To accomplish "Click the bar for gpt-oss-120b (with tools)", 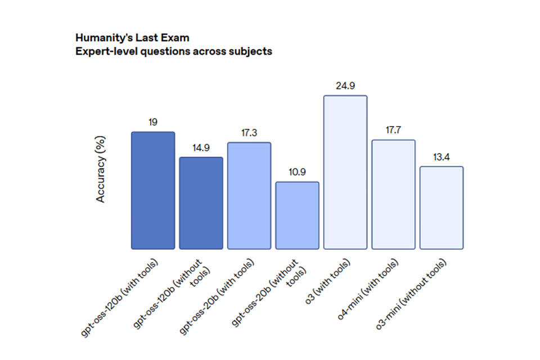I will coord(153,190).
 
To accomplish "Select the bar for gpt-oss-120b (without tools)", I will coord(201,202).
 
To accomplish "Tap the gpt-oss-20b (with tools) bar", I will coord(249,195).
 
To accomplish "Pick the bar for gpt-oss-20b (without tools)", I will coord(297,215).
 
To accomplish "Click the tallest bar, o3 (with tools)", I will coord(345,172).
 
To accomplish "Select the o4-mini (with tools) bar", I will coord(393,194).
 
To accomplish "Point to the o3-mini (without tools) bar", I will coord(442,207).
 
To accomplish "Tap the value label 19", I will coord(153,121).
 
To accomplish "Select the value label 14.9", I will coord(201,147).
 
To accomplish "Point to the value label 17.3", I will coord(249,133).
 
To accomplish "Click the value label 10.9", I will coord(297,172).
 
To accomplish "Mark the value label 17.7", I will coord(393,130).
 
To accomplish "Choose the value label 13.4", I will coord(442,156).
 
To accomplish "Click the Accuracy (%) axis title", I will coord(101,169).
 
